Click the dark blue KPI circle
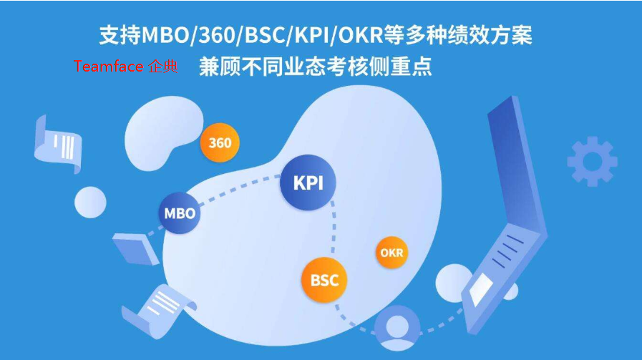[x=308, y=183]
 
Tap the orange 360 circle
[x=220, y=142]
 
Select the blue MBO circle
[x=180, y=213]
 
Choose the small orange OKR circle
[x=391, y=253]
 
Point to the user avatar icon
[x=395, y=328]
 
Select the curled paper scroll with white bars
[x=60, y=144]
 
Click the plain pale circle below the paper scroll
[x=90, y=202]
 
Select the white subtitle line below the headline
[x=316, y=67]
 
